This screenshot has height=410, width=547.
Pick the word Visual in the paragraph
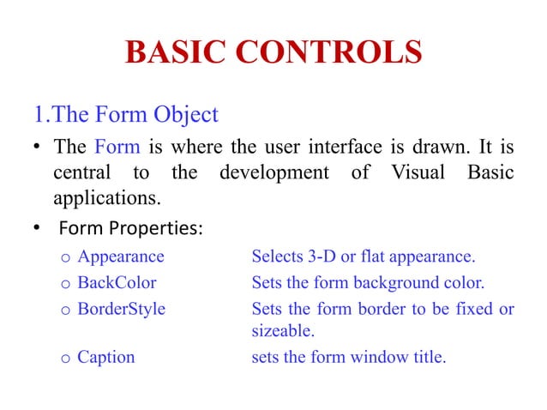click(x=410, y=172)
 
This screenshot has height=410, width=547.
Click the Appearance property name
click(x=121, y=256)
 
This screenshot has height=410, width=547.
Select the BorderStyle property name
click(x=121, y=307)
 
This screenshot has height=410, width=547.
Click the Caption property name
click(x=106, y=357)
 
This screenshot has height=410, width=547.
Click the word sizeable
click(x=280, y=331)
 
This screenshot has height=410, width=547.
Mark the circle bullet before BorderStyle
click(x=65, y=309)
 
